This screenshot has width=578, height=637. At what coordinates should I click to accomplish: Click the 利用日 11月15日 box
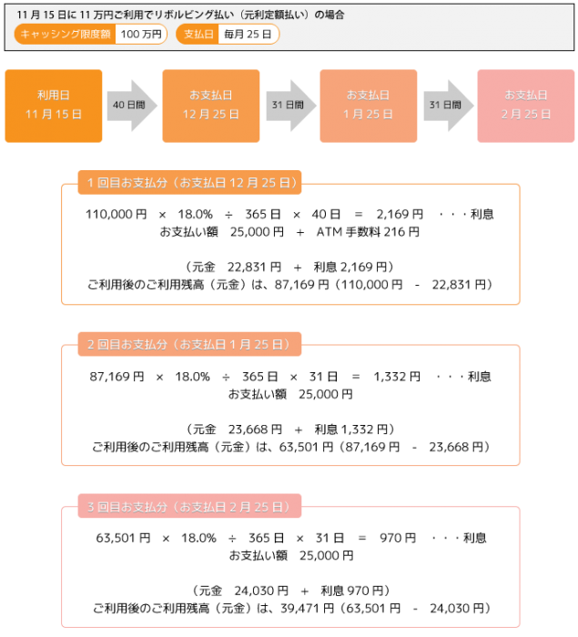[53, 106]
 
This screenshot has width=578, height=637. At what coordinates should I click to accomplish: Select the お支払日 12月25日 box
[211, 106]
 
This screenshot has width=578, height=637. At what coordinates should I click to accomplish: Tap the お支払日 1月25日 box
[369, 106]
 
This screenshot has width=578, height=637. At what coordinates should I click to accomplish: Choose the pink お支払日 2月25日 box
[525, 106]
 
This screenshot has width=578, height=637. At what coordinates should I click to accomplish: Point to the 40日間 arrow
[132, 106]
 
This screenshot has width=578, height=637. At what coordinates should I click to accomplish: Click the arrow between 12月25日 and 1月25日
[290, 106]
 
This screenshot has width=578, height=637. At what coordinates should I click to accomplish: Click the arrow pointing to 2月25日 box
[449, 106]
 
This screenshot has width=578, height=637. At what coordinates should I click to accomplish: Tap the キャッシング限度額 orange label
[65, 35]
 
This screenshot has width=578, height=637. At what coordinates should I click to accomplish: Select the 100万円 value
[141, 35]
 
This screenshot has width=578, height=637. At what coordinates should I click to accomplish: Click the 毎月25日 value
[248, 35]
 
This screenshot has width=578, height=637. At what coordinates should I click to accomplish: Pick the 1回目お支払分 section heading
[189, 182]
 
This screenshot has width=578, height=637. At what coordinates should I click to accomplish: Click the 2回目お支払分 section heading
[189, 344]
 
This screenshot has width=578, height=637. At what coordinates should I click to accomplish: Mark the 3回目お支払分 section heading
[189, 506]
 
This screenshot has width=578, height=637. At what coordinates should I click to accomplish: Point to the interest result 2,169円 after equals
[400, 214]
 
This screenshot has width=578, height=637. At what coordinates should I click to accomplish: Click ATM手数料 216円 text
[368, 232]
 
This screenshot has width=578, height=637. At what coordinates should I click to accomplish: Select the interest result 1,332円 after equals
[397, 377]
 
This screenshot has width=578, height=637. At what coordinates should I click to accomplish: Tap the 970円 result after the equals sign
[398, 538]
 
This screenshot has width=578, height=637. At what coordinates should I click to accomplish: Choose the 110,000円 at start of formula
[116, 214]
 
